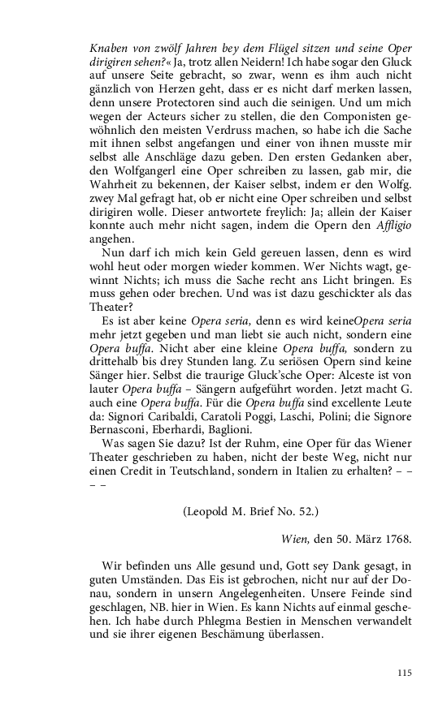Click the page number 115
pyautogui.click(x=405, y=673)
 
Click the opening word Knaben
pyautogui.click(x=108, y=48)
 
